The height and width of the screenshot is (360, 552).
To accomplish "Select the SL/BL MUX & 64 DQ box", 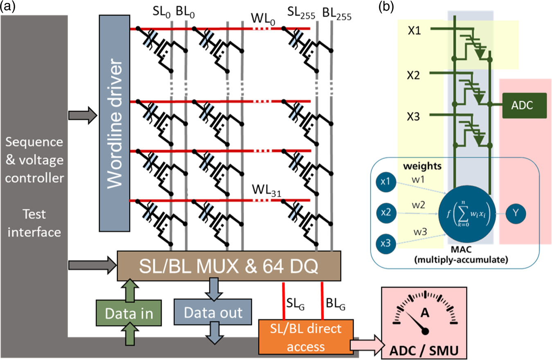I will [x=229, y=266].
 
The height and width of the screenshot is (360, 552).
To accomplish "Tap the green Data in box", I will [x=124, y=313].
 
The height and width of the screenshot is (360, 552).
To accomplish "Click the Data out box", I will [x=213, y=313].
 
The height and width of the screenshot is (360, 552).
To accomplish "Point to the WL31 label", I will [x=265, y=190].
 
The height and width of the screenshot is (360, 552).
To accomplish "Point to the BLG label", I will [x=334, y=304].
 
